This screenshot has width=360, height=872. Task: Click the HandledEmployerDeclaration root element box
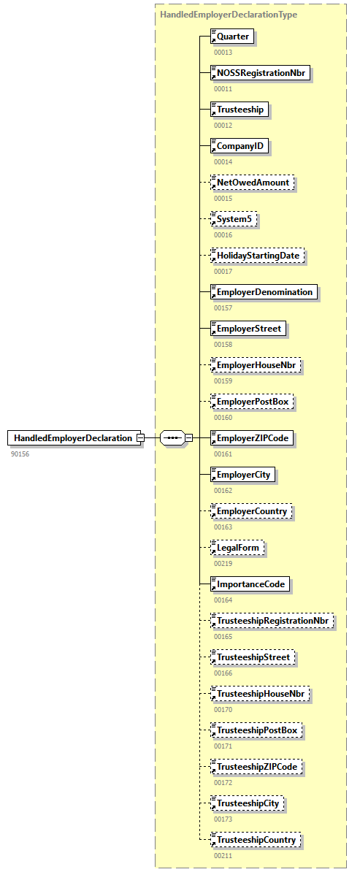pyautogui.click(x=73, y=438)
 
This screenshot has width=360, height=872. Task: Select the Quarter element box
pyautogui.click(x=231, y=37)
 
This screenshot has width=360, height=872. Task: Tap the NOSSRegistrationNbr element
pyautogui.click(x=260, y=73)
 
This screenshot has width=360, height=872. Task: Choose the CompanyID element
pyautogui.click(x=239, y=146)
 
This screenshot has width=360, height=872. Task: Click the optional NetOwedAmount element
pyautogui.click(x=253, y=183)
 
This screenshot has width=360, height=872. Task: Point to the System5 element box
pyautogui.click(x=234, y=219)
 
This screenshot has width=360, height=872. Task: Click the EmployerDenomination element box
pyautogui.click(x=264, y=292)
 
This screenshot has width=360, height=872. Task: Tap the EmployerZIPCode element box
pyautogui.click(x=252, y=438)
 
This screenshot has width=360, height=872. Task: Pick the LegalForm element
pyautogui.click(x=237, y=548)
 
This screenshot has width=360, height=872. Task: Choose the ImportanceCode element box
pyautogui.click(x=250, y=584)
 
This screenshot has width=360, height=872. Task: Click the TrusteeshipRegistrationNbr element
pyautogui.click(x=273, y=621)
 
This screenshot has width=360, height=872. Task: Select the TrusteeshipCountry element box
pyautogui.click(x=256, y=840)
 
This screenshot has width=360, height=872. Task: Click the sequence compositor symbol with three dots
pyautogui.click(x=172, y=438)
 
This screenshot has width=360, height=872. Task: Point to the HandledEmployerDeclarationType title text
pyautogui.click(x=229, y=14)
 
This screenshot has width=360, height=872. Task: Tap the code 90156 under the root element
pyautogui.click(x=20, y=454)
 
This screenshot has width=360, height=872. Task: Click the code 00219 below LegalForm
pyautogui.click(x=223, y=564)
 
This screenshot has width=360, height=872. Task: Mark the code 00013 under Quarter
pyautogui.click(x=223, y=53)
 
